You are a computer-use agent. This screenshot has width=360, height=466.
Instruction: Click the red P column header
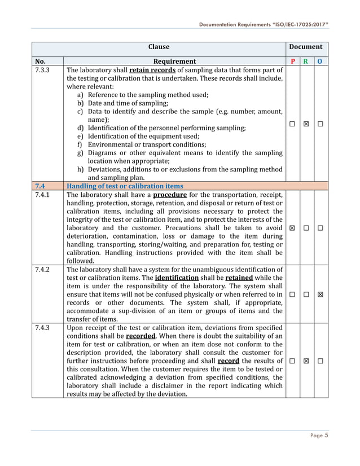pyautogui.click(x=292, y=61)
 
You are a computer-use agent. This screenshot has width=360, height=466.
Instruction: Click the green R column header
pyautogui.click(x=306, y=61)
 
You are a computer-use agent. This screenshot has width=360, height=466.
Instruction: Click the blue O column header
pyautogui.click(x=321, y=61)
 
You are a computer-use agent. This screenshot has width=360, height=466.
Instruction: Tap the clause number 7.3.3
pyautogui.click(x=42, y=71)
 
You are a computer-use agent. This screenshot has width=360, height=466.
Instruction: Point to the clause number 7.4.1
pyautogui.click(x=42, y=195)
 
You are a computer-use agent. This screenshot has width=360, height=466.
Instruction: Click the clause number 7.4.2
pyautogui.click(x=42, y=270)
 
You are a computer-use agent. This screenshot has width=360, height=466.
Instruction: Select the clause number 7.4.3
pyautogui.click(x=42, y=328)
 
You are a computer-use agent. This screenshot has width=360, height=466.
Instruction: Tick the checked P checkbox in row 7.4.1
pyautogui.click(x=292, y=228)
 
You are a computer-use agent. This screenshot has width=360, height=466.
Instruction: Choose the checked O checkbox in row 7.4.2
pyautogui.click(x=321, y=294)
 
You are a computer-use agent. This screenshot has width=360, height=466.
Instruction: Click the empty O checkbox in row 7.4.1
pyautogui.click(x=321, y=228)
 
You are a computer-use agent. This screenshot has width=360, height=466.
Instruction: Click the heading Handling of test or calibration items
pyautogui.click(x=125, y=186)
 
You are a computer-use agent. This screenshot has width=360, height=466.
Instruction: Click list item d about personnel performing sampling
pyautogui.click(x=166, y=128)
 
